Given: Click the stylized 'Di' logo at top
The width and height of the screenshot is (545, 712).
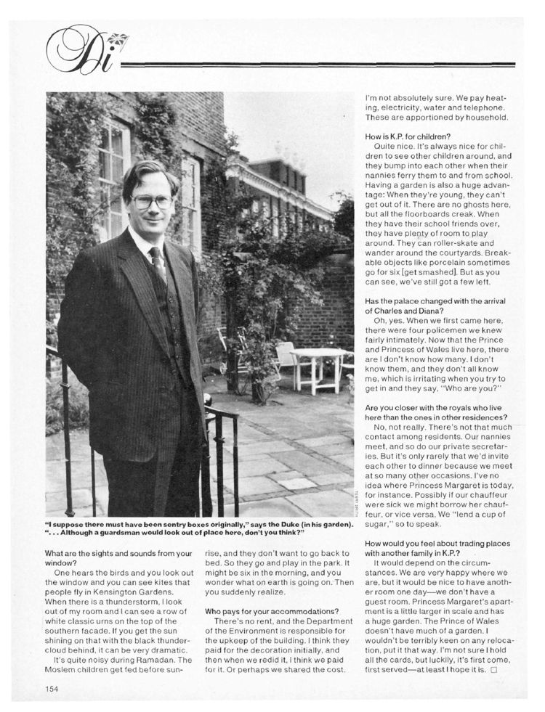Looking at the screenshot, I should (x=76, y=51).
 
